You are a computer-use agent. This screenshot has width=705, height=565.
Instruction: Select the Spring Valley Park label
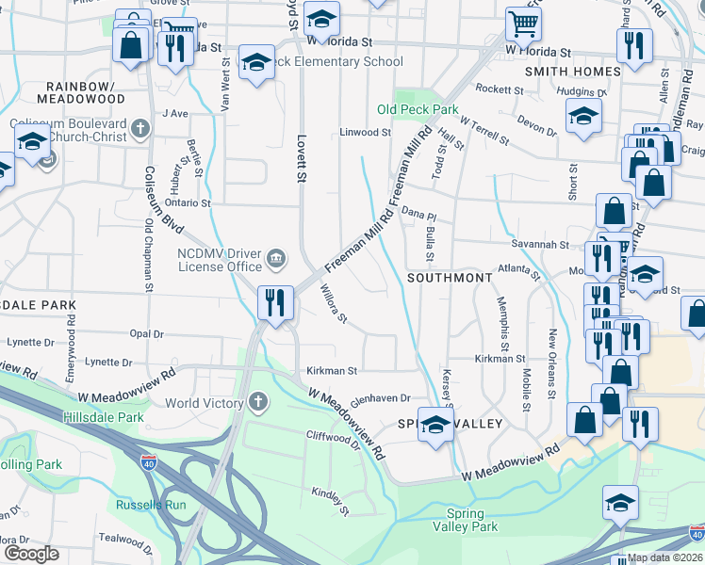(x=471, y=521)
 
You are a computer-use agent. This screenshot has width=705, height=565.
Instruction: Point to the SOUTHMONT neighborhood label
(x=450, y=279)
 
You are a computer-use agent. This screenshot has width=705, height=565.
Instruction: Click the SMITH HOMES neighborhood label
(x=572, y=71)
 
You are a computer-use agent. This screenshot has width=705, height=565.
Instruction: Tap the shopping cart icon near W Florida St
(x=522, y=24)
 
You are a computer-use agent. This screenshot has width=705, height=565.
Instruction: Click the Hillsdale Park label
(x=103, y=417)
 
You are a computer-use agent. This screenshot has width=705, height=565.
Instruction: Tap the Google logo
(x=31, y=554)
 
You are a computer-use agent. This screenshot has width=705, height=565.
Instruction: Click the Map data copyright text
(x=664, y=557)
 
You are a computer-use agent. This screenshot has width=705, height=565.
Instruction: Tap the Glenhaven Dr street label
(x=380, y=400)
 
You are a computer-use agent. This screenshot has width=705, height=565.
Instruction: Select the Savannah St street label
(x=540, y=245)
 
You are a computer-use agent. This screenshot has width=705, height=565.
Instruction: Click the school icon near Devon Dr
(x=583, y=117)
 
